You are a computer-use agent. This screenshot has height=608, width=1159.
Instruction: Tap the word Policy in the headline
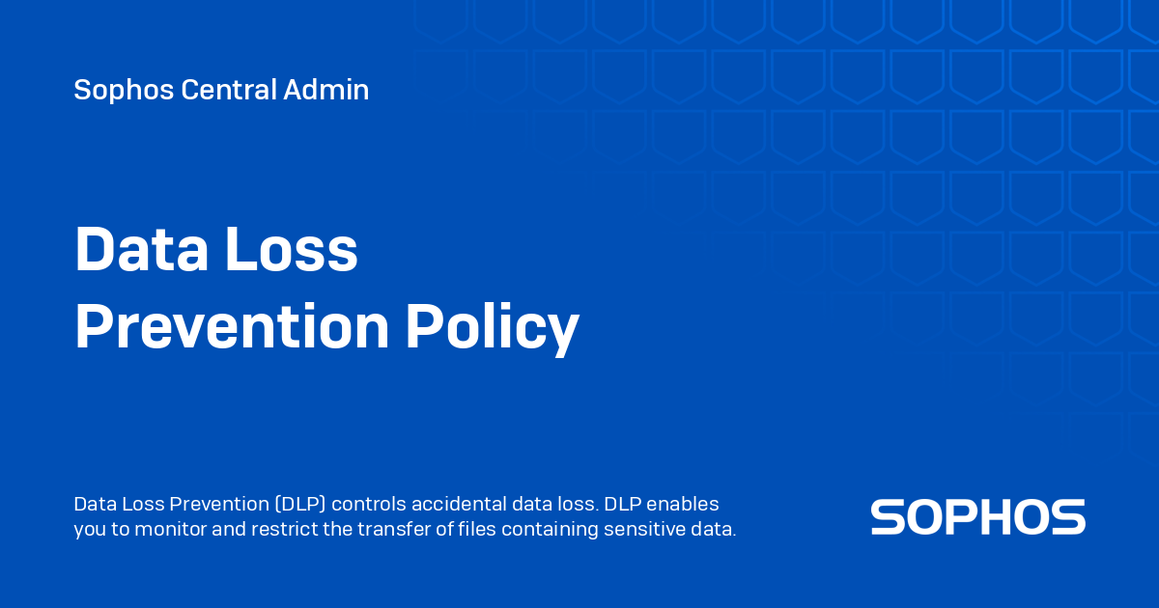(493, 328)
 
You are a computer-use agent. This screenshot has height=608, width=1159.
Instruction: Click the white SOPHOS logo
(977, 517)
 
